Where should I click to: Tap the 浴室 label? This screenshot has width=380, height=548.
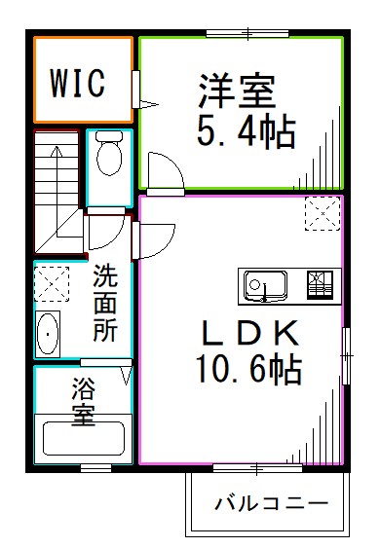click(x=82, y=401)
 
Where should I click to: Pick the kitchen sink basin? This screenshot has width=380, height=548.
click(x=262, y=286)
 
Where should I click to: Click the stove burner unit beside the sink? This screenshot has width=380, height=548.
click(x=319, y=285)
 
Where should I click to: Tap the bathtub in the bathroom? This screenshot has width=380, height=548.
click(x=82, y=440)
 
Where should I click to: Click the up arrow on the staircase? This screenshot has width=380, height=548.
click(x=56, y=162)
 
